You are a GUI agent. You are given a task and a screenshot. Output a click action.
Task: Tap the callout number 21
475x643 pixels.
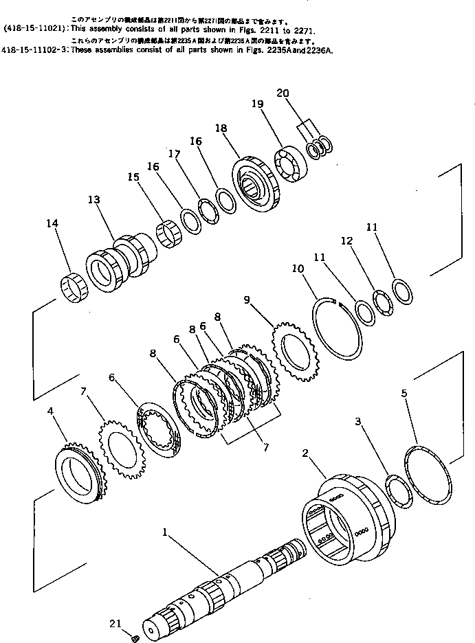[115, 623]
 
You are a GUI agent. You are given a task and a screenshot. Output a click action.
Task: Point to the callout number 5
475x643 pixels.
[405, 393]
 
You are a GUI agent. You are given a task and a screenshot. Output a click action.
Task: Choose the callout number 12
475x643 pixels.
[347, 241]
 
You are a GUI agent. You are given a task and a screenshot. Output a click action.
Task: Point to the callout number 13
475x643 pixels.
[93, 199]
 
